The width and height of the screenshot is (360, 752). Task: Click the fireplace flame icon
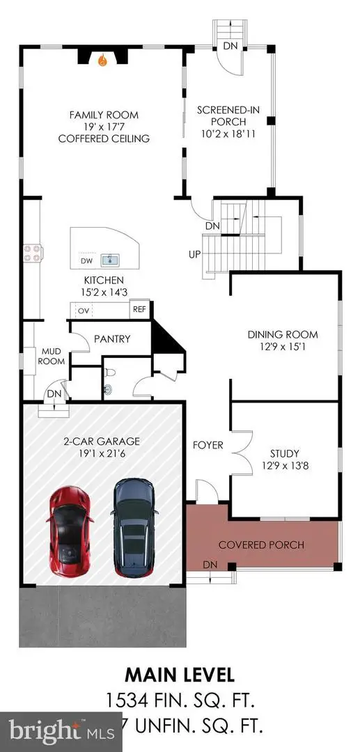click(x=103, y=61)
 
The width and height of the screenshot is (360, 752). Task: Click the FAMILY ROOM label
click(x=103, y=115)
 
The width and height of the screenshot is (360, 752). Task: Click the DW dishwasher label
click(x=87, y=261)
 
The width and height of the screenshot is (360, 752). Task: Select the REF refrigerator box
click(x=139, y=310)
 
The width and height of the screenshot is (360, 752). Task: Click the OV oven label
click(x=81, y=311)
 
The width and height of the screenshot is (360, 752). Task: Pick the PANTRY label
click(x=111, y=339)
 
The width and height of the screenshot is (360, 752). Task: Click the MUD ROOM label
click(x=52, y=357)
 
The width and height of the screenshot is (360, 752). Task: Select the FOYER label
click(x=207, y=445)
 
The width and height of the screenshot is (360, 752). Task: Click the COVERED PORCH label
click(x=261, y=545)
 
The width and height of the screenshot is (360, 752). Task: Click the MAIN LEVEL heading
click(x=180, y=675)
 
